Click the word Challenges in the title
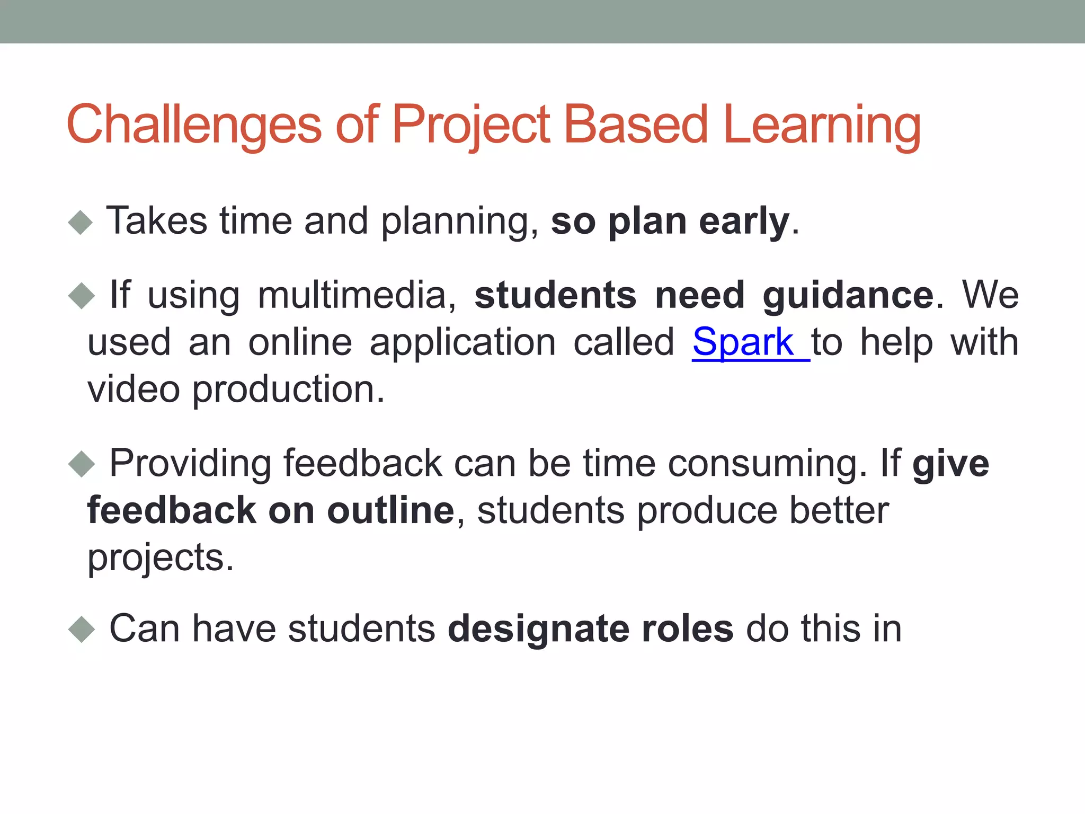194,125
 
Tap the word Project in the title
472,125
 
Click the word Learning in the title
821,125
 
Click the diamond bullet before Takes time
81,222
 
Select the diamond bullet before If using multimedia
81,296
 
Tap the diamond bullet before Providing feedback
81,464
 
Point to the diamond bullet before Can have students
81,630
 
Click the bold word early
744,222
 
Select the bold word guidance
848,295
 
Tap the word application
463,343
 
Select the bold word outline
390,511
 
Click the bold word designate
538,629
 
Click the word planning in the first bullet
459,222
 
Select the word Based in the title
635,125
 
